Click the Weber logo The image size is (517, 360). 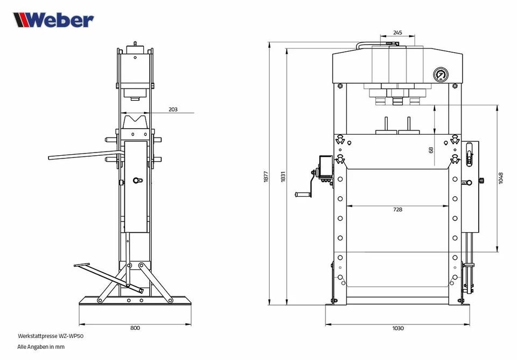(x=53, y=20)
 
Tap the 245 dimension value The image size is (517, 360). (x=397, y=32)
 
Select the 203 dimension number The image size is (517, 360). (x=173, y=109)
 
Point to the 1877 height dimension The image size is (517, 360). (x=266, y=177)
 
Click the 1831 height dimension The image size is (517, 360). (x=283, y=177)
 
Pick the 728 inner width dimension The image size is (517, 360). (x=397, y=209)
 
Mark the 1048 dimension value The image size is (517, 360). (x=501, y=178)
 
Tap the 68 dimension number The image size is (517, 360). (x=431, y=150)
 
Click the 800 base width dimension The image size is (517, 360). (x=135, y=328)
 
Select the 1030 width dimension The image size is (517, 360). (x=397, y=328)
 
